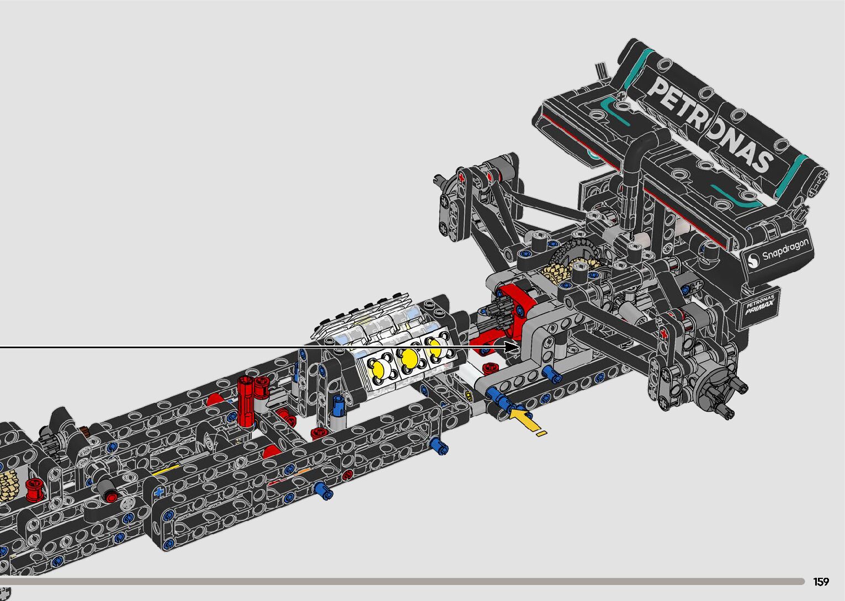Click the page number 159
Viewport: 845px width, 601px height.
(x=821, y=582)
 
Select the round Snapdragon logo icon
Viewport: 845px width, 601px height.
(x=753, y=259)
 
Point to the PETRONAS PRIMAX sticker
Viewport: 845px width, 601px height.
(x=760, y=305)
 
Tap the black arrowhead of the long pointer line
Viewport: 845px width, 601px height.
(x=512, y=347)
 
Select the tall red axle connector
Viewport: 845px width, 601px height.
(x=246, y=401)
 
